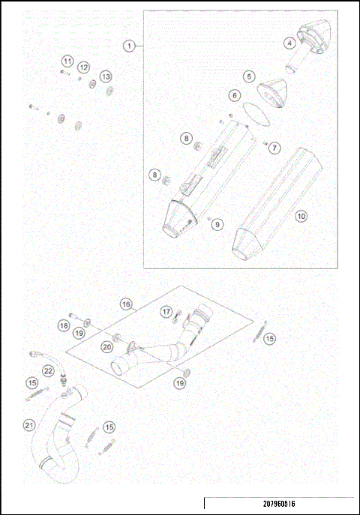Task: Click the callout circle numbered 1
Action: pos(130,46)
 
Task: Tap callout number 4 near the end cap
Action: pos(289,43)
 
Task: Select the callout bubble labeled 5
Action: pos(248,76)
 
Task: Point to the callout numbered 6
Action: pos(234,95)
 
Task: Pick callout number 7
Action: pos(274,148)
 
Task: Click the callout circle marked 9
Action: pos(217,223)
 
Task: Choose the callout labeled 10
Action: pos(301,216)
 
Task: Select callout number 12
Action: pos(84,67)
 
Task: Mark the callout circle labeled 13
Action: pos(106,76)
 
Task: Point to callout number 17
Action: pos(166,311)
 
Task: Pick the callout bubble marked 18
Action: pos(64,325)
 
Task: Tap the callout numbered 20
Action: pos(107,346)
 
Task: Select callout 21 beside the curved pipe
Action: pos(28,426)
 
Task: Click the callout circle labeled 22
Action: pos(48,370)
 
